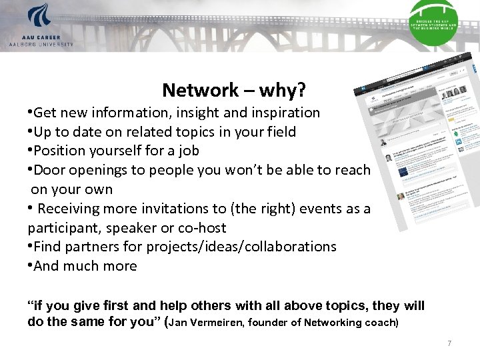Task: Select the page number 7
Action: click(x=449, y=343)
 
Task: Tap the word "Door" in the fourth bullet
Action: click(x=48, y=171)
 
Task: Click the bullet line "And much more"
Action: click(x=85, y=267)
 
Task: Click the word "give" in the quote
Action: click(x=89, y=307)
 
